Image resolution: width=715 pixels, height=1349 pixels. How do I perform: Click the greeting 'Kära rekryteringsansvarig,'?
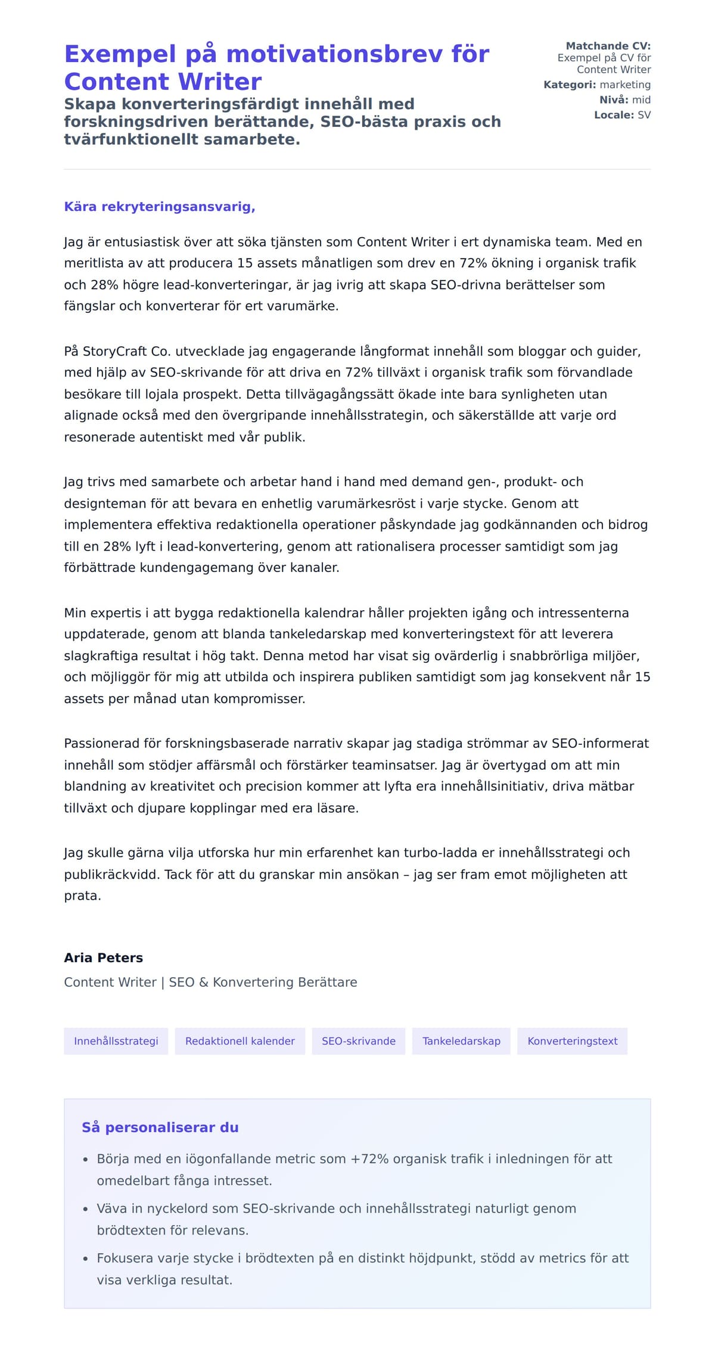160,207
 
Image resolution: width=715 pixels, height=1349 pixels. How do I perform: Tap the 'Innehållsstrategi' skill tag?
116,1041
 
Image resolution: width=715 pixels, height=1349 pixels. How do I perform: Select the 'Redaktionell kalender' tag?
240,1041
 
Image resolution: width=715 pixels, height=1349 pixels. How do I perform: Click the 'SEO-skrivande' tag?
359,1041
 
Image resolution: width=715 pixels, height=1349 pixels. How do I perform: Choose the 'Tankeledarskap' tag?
461,1041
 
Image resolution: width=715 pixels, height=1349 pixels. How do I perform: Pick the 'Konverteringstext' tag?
572,1041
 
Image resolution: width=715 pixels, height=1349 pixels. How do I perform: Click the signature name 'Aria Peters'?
104,958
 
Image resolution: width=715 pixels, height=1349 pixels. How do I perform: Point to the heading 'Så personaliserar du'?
160,1127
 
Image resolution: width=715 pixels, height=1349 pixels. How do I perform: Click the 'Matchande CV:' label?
608,46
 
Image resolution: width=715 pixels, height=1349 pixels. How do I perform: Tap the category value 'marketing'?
625,85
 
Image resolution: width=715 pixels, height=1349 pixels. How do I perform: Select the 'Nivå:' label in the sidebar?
613,100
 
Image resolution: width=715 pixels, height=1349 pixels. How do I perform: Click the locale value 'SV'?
644,115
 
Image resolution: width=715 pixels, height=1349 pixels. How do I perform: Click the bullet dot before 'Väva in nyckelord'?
85,1209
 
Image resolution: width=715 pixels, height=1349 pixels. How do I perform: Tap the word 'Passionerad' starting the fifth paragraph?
102,744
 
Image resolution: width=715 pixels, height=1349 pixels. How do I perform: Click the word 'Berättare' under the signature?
329,982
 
